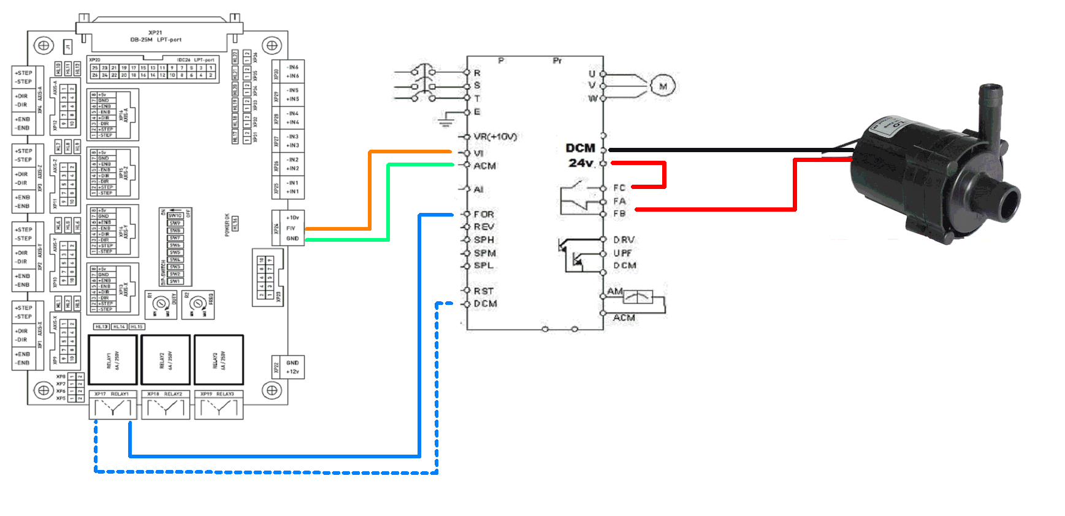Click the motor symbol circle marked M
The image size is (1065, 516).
pyautogui.click(x=663, y=87)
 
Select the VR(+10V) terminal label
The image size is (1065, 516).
pyautogui.click(x=495, y=137)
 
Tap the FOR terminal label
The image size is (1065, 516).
pyautogui.click(x=484, y=214)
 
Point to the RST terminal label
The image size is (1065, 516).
pyautogui.click(x=484, y=291)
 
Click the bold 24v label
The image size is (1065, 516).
pyautogui.click(x=581, y=163)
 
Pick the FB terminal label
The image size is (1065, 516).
pyautogui.click(x=620, y=214)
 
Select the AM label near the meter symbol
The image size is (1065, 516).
pyautogui.click(x=615, y=291)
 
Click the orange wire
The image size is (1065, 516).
pyautogui.click(x=370, y=190)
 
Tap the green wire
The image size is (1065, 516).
pyautogui.click(x=389, y=202)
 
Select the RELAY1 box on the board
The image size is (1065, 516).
pyautogui.click(x=113, y=360)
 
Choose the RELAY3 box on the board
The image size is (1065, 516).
pyautogui.click(x=219, y=360)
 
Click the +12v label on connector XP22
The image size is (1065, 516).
pyautogui.click(x=293, y=372)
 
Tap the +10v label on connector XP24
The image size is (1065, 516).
pyautogui.click(x=293, y=218)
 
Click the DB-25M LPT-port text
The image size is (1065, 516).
pyautogui.click(x=156, y=40)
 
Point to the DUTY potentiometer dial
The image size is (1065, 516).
pyautogui.click(x=161, y=304)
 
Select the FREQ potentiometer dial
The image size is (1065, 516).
pyautogui.click(x=197, y=304)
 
